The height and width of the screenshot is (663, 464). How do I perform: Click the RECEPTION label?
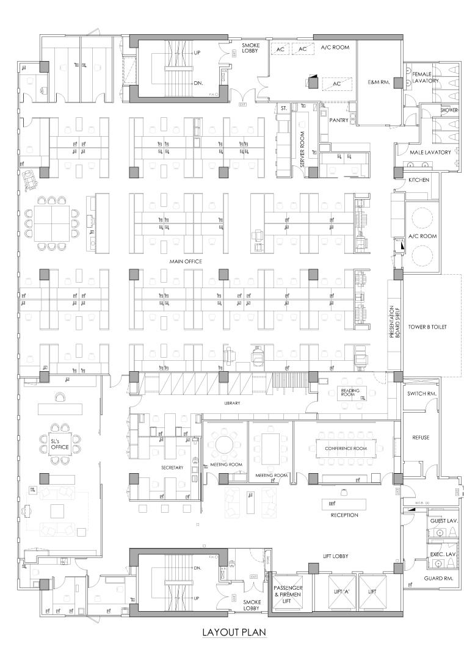(x=344, y=515)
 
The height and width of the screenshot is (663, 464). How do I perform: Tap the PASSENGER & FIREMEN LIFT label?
(x=289, y=591)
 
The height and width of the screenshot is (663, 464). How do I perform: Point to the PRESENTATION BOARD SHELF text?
(x=395, y=325)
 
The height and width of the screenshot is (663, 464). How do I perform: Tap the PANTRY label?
(x=339, y=120)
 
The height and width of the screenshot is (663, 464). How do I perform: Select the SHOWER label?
(x=450, y=111)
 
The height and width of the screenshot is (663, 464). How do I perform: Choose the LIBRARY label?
(x=232, y=404)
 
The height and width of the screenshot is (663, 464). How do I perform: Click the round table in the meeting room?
(x=225, y=443)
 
